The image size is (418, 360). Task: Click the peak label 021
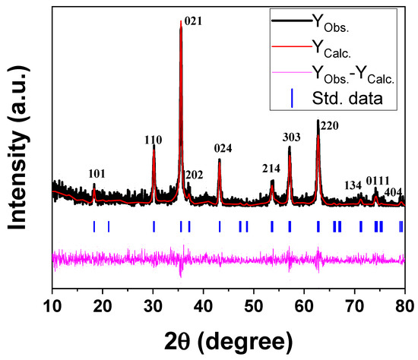click(x=194, y=22)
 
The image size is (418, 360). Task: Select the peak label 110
click(x=154, y=140)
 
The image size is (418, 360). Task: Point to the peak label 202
click(x=194, y=175)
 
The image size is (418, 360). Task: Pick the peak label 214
click(x=271, y=169)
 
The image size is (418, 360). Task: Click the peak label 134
click(x=353, y=185)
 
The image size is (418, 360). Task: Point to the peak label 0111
click(x=377, y=180)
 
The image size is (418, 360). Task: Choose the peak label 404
click(x=393, y=191)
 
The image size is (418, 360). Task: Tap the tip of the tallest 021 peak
click(x=181, y=21)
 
